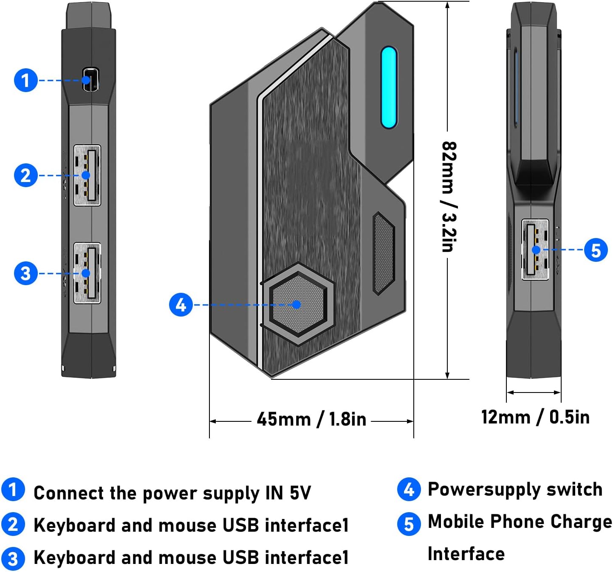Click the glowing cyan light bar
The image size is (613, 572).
tap(389, 87)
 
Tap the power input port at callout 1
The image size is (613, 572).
tap(90, 79)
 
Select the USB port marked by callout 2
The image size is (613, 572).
tap(87, 175)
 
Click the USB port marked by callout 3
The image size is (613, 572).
tap(87, 273)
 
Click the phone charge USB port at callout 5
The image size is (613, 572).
tap(535, 250)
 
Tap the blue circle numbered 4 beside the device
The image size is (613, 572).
tap(181, 305)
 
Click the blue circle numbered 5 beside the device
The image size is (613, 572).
tap(596, 250)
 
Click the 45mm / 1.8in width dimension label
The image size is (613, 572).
tap(311, 419)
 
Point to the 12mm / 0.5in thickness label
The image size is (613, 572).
tap(535, 417)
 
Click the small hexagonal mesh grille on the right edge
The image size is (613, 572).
tap(383, 253)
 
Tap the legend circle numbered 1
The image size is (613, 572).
tap(13, 489)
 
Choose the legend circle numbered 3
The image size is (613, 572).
tap(13, 559)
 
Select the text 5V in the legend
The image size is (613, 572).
tap(300, 493)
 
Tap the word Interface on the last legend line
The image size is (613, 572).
tap(466, 554)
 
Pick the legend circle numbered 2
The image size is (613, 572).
tap(13, 524)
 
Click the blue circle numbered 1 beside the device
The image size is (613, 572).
tap(26, 80)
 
